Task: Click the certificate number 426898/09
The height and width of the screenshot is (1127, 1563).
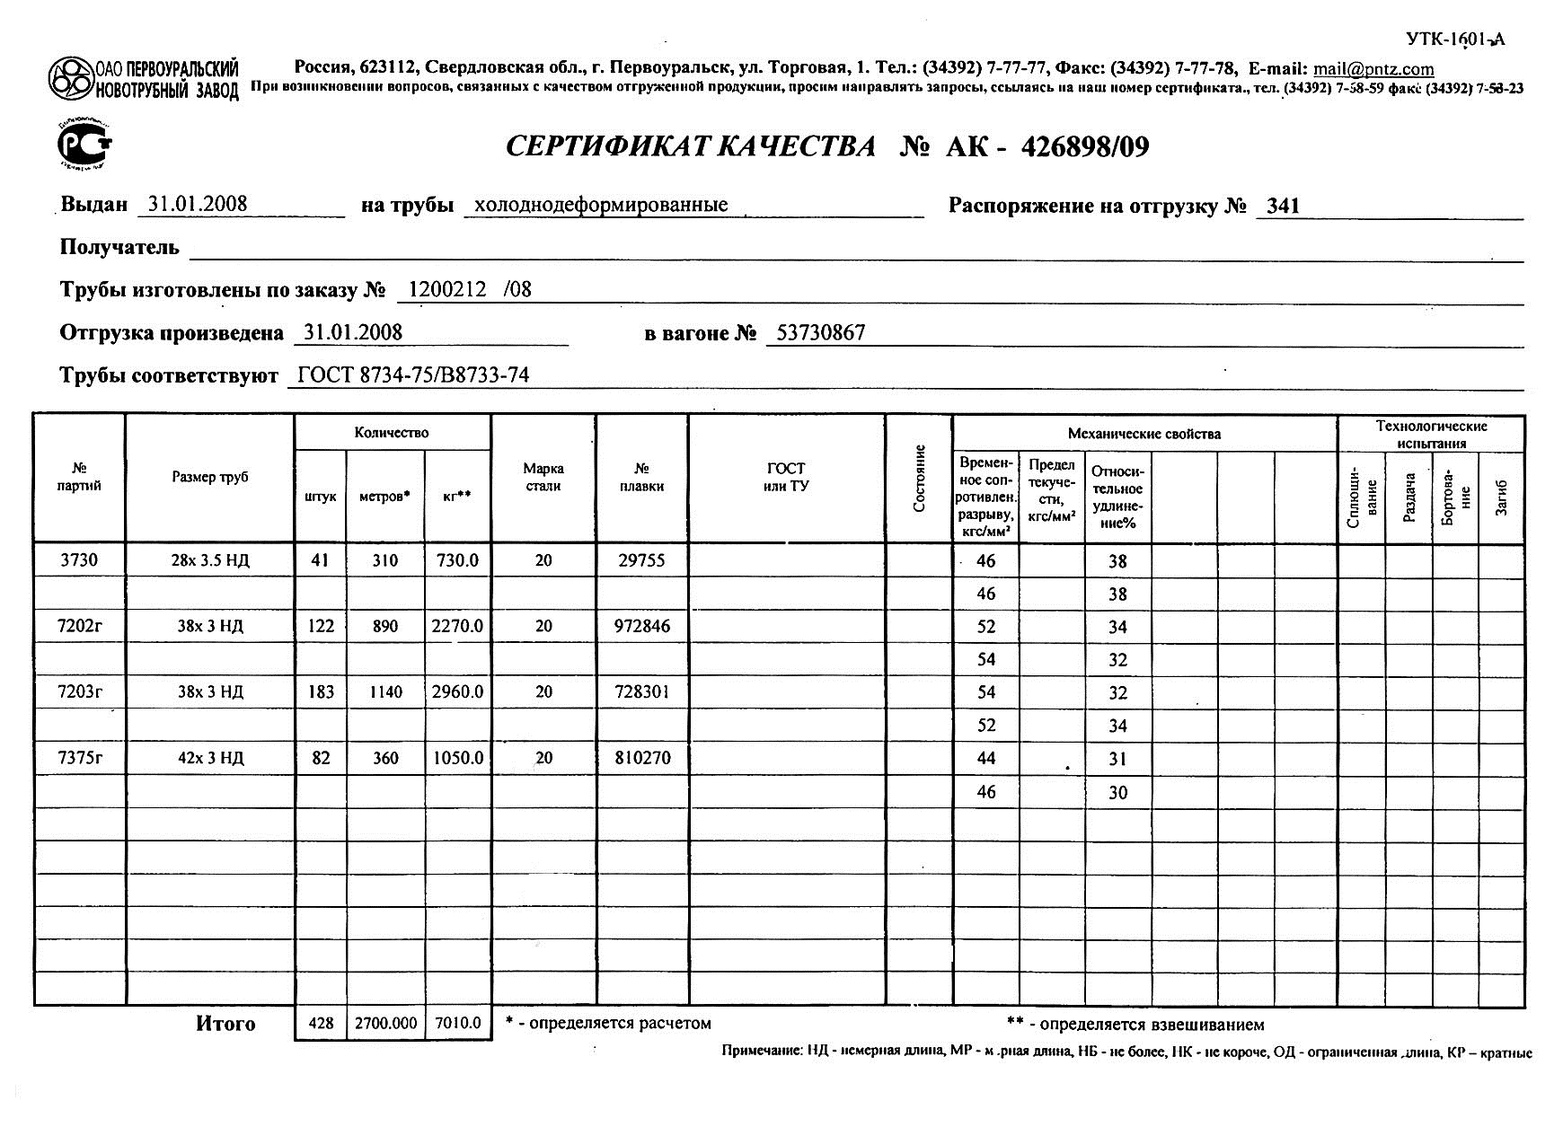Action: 1085,146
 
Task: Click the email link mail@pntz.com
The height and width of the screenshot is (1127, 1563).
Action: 1373,68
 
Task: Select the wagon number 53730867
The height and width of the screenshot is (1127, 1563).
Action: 821,333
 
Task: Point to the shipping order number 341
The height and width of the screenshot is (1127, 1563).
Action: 1283,206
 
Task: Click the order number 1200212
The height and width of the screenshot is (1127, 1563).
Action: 447,289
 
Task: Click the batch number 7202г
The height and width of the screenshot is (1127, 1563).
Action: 79,626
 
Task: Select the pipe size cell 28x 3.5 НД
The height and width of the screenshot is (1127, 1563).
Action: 210,560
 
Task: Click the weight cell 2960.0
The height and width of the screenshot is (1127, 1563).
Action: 457,691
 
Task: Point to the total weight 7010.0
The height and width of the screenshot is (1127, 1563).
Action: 457,1023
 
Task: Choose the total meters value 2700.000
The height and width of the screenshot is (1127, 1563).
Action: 385,1023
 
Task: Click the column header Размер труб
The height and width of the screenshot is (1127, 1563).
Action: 210,477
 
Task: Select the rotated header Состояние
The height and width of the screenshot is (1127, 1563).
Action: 919,478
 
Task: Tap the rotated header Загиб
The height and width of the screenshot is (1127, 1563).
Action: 1501,498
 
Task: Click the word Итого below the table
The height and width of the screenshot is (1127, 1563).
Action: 225,1024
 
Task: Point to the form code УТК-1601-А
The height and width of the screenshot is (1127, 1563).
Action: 1454,39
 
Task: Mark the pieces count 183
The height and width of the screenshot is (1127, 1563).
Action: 321,691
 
